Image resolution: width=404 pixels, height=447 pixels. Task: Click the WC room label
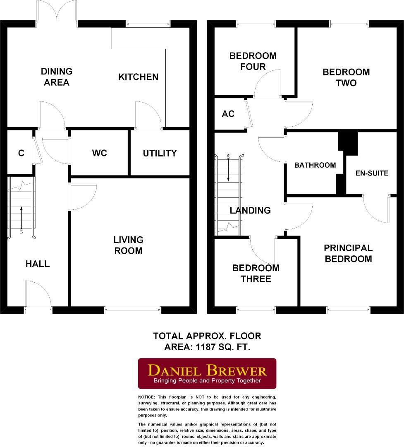pyautogui.click(x=99, y=153)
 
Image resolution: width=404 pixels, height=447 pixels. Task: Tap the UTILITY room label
pyautogui.click(x=160, y=153)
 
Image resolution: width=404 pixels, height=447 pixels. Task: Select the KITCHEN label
pyautogui.click(x=138, y=77)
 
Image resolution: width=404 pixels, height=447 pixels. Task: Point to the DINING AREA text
pyautogui.click(x=56, y=77)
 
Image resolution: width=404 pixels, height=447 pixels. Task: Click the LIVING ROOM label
pyautogui.click(x=129, y=245)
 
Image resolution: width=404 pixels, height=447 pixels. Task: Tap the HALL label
pyautogui.click(x=38, y=264)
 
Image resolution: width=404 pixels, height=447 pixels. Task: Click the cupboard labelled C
pyautogui.click(x=21, y=153)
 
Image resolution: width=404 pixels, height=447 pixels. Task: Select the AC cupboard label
pyautogui.click(x=228, y=114)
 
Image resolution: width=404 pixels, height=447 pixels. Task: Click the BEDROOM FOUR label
pyautogui.click(x=253, y=61)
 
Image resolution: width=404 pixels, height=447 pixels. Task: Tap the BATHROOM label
pyautogui.click(x=315, y=165)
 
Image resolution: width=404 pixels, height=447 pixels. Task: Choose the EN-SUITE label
pyautogui.click(x=372, y=173)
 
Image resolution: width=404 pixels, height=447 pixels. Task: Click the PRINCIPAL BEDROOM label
pyautogui.click(x=348, y=253)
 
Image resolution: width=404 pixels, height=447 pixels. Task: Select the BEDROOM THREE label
pyautogui.click(x=256, y=273)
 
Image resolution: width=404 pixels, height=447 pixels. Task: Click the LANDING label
pyautogui.click(x=250, y=210)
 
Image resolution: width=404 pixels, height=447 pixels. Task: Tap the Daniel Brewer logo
pyautogui.click(x=207, y=373)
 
